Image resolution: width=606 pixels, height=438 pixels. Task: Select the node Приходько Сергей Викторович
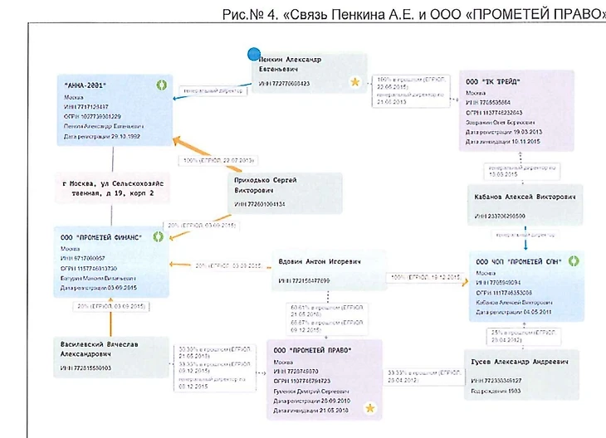click(286, 190)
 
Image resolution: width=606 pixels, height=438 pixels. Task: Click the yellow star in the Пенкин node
click(355, 82)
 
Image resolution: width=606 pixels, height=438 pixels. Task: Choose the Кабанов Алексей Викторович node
click(525, 204)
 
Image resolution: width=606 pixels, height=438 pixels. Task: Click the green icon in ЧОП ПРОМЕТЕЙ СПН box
click(572, 260)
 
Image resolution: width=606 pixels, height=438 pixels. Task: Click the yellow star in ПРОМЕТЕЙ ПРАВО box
click(369, 407)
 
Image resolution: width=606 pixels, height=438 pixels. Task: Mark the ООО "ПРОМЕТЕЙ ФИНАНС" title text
click(100, 237)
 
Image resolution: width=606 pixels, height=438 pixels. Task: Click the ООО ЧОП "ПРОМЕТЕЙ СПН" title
click(517, 261)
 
